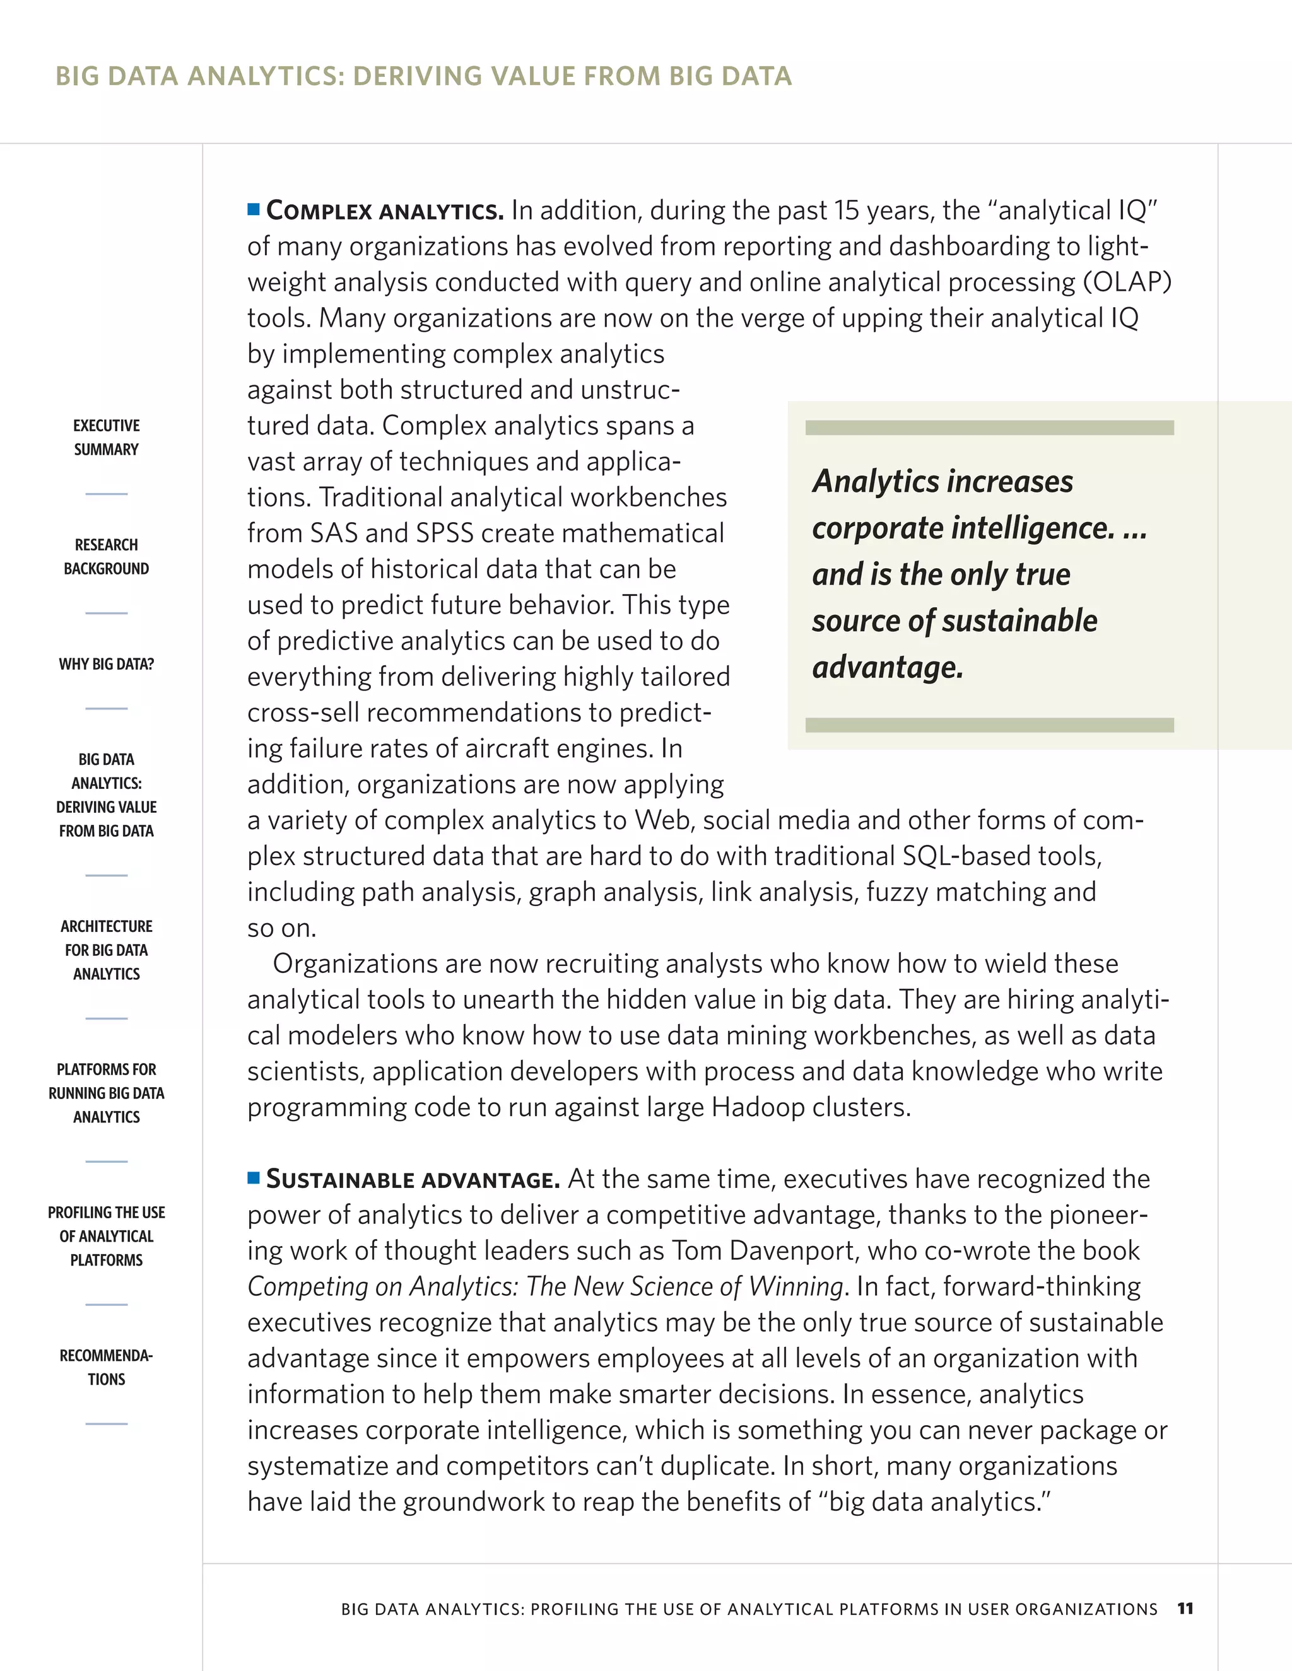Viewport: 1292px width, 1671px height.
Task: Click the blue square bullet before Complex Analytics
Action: pos(254,209)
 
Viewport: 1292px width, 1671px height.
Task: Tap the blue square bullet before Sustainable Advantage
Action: pos(254,1177)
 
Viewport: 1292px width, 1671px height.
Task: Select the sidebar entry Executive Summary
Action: pos(107,437)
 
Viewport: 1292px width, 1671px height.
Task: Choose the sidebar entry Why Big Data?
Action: pos(107,663)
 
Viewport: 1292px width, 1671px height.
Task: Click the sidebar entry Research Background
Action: pos(107,556)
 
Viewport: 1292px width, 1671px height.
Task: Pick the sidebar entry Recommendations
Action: pos(107,1366)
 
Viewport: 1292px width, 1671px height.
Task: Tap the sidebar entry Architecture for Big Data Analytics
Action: pos(107,950)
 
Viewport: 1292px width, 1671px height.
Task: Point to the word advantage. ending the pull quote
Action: pos(887,667)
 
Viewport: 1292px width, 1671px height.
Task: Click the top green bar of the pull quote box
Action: pos(989,427)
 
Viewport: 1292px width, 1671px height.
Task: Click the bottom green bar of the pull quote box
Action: pos(989,725)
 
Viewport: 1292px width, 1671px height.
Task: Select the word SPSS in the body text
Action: pos(445,533)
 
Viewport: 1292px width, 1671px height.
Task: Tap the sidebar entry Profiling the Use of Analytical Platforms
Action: pos(107,1236)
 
